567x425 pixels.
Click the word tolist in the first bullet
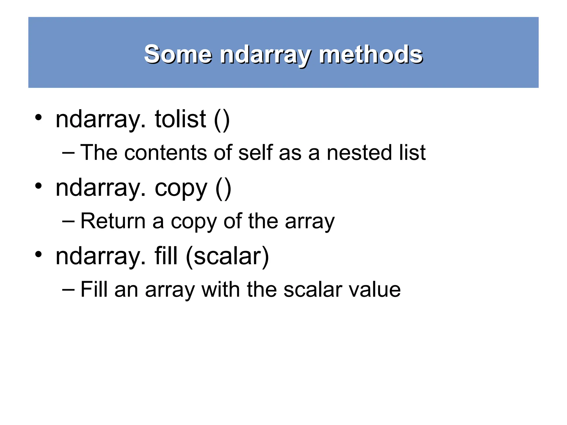pos(180,119)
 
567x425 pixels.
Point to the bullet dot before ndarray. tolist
pos(38,117)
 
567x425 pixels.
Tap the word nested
pos(359,153)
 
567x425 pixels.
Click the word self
pos(255,153)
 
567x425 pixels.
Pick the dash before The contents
pos(68,153)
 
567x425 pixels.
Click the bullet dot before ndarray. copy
pos(38,186)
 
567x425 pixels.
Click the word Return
pos(113,221)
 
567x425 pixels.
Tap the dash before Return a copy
pos(68,221)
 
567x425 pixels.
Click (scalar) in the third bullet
pos(227,257)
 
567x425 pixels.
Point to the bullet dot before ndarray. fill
pos(38,254)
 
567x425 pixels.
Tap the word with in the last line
pos(220,290)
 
